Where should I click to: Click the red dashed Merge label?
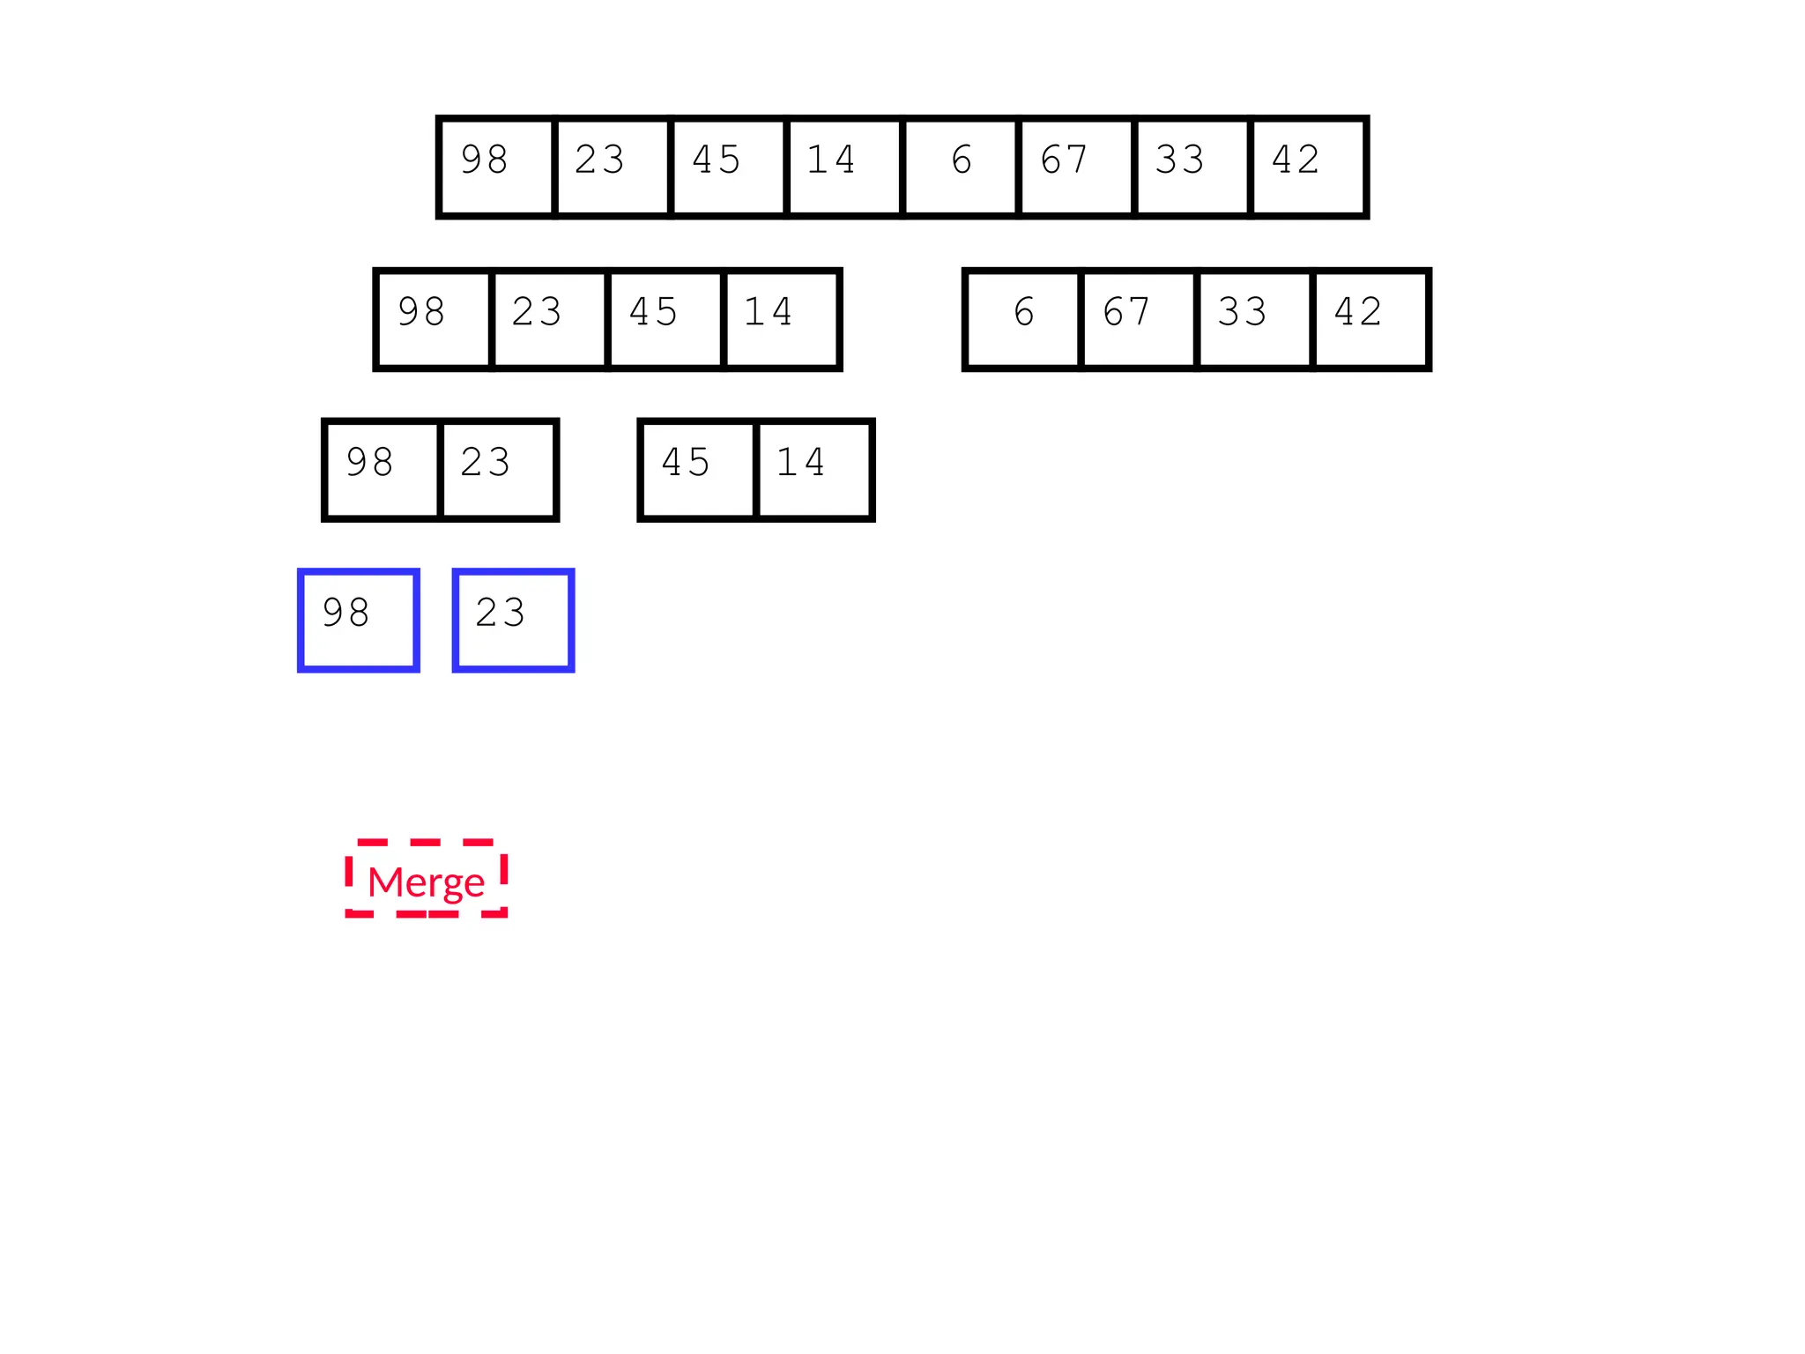427,880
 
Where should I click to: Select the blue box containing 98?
358,620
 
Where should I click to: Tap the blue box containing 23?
513,620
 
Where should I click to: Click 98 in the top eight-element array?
496,167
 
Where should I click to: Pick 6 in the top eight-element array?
961,167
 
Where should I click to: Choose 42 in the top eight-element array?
1309,167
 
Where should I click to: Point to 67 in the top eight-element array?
1076,167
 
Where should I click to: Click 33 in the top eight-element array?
1192,167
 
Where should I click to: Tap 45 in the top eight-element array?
728,167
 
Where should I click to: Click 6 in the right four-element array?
1023,319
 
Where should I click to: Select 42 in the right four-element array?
1370,319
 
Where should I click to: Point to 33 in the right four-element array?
1254,319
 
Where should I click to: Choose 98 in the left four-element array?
433,319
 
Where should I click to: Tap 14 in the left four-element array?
781,319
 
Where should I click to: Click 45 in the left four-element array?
665,319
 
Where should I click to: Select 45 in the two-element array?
698,470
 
